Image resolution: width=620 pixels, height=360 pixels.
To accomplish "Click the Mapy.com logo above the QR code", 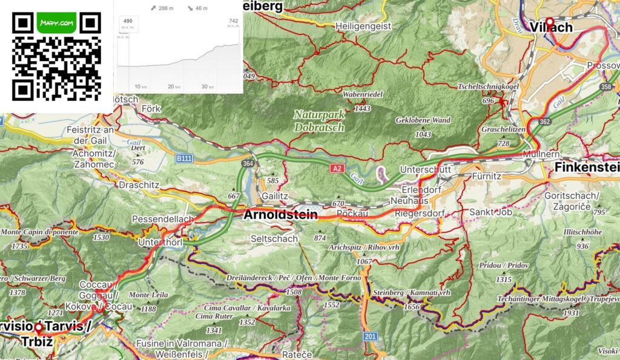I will (x=56, y=23).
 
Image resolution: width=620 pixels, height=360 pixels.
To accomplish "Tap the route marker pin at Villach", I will (x=549, y=21).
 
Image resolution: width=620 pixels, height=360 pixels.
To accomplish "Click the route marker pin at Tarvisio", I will (x=38, y=327).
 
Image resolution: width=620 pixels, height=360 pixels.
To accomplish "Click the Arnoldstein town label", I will (x=281, y=215).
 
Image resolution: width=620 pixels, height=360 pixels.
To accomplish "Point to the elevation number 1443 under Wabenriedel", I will (x=363, y=108).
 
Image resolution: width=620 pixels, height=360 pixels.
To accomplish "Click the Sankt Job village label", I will (x=490, y=212).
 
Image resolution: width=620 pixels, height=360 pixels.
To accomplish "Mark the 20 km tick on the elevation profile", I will (x=174, y=87).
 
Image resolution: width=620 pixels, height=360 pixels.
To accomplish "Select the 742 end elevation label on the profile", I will (x=233, y=21).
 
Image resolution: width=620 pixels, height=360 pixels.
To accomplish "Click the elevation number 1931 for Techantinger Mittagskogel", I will (x=571, y=313).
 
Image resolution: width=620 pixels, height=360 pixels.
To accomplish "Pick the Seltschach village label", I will (x=274, y=239).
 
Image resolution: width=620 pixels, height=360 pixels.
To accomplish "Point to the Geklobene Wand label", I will (x=423, y=120).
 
